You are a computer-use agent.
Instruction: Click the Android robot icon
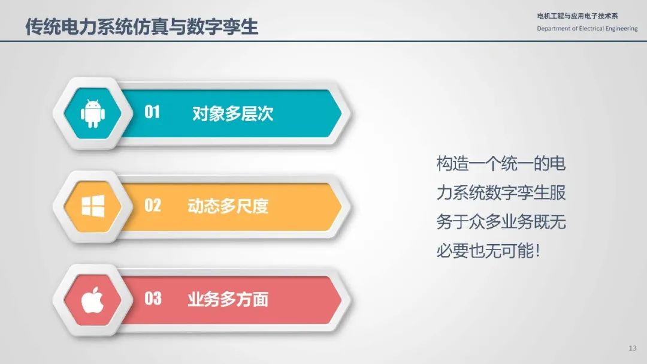tap(93, 113)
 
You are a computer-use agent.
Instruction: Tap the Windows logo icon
tap(93, 206)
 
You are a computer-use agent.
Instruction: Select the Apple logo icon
tap(92, 300)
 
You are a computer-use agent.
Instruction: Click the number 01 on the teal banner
tap(152, 112)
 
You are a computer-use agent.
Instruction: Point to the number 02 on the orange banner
tap(152, 205)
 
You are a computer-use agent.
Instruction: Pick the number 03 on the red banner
tap(153, 298)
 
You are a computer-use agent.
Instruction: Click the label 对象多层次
tap(232, 113)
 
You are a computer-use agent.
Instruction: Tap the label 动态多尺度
tap(228, 206)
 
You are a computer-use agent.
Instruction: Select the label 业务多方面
tap(228, 300)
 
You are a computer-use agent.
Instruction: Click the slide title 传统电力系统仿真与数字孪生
tap(141, 26)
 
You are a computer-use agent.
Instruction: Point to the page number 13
tap(633, 348)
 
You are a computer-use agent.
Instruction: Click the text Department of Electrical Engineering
tap(587, 29)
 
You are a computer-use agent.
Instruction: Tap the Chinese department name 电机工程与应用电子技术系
tap(578, 16)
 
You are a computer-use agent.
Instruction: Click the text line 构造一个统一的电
tap(501, 164)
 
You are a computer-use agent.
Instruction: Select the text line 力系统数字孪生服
tap(501, 192)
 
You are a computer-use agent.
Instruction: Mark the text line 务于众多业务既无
tap(501, 222)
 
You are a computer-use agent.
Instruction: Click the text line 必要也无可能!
tap(488, 251)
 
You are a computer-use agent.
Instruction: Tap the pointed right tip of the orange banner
tap(341, 206)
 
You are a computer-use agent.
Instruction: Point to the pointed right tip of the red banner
tap(341, 300)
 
